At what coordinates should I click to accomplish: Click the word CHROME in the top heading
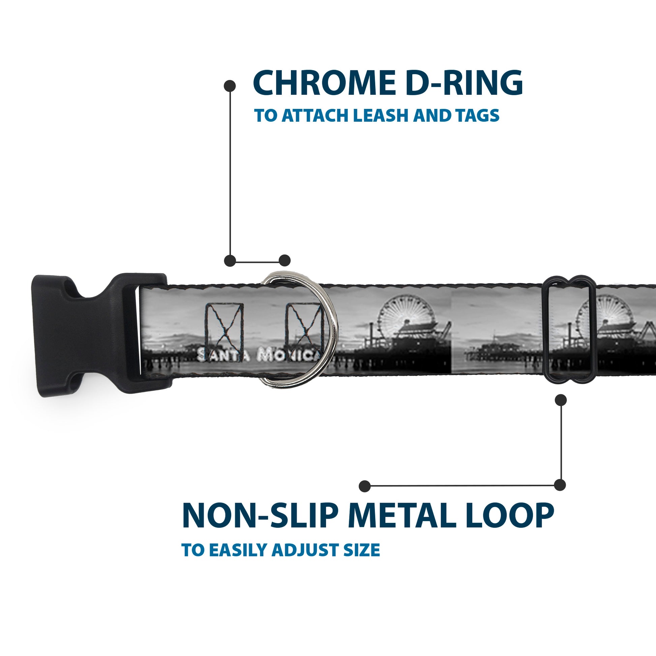(321, 83)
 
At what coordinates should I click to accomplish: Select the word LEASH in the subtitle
(383, 116)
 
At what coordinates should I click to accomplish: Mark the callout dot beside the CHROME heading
(230, 86)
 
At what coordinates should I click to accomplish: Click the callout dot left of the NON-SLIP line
(365, 486)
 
